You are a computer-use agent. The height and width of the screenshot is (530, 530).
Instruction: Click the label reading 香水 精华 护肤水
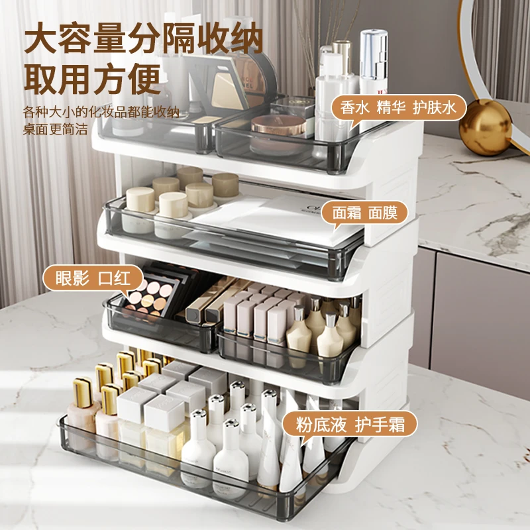(x=398, y=108)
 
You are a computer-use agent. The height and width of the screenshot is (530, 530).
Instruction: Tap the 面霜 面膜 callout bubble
(x=364, y=213)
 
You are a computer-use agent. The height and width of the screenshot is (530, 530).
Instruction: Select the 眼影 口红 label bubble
(x=93, y=278)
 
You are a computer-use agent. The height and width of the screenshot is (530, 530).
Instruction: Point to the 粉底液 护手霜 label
(x=350, y=425)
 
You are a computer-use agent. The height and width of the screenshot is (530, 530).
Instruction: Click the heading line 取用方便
(x=92, y=79)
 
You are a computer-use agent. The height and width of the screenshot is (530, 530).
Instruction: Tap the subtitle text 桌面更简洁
(x=55, y=129)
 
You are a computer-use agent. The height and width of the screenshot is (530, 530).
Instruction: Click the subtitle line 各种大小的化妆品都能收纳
(x=101, y=112)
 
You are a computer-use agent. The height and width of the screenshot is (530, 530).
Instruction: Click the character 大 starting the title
(x=40, y=38)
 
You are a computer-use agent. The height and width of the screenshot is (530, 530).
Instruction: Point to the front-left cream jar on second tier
(x=140, y=209)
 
